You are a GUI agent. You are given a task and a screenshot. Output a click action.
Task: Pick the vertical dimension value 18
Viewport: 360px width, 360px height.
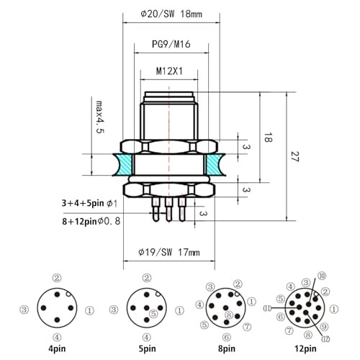266,137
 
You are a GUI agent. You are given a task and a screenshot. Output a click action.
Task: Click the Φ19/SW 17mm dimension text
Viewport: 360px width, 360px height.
168,252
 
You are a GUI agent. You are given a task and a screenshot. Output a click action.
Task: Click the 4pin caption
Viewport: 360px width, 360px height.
57,351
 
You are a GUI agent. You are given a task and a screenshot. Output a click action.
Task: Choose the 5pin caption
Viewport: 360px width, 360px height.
146,351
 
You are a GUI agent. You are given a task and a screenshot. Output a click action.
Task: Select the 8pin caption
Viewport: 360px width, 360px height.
227,351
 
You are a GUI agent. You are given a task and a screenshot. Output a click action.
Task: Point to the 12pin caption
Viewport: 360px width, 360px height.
305,351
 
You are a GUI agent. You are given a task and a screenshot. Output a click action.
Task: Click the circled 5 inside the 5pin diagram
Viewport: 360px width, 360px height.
153,313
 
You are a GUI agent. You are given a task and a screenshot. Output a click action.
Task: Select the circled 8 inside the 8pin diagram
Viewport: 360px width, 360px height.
229,315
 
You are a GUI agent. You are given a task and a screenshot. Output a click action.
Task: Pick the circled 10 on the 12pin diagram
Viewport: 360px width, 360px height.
321,276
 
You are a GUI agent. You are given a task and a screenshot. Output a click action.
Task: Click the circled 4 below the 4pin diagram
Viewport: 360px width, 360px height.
57,337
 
